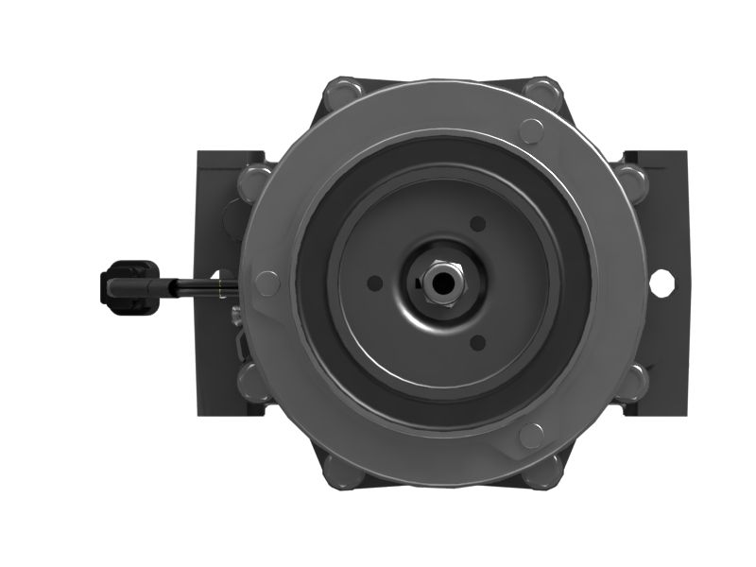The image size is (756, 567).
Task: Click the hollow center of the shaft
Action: (x=440, y=282)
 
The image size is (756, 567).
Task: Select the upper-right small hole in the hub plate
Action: (x=477, y=224)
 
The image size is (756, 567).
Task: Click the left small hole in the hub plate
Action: (x=375, y=283)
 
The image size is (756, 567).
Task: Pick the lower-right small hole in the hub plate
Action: (x=477, y=342)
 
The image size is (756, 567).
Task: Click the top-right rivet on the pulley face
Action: (x=531, y=130)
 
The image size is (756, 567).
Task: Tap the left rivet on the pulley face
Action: (x=267, y=283)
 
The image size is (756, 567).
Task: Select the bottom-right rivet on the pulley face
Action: (x=531, y=435)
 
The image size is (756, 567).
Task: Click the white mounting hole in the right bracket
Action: (x=661, y=281)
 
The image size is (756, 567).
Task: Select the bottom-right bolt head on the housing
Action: (x=544, y=470)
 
